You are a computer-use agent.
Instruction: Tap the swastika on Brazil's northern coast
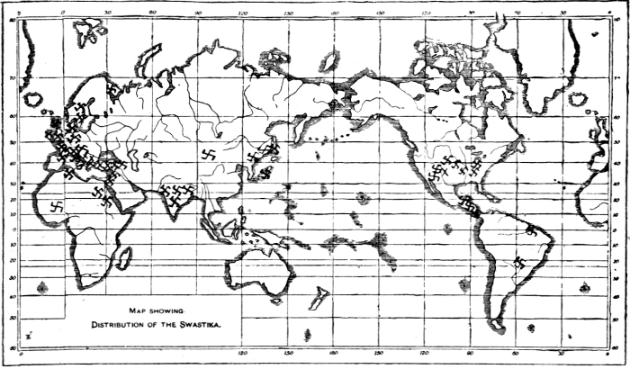533,230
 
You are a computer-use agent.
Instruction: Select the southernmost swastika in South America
521,262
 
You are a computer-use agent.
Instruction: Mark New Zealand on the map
321,296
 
